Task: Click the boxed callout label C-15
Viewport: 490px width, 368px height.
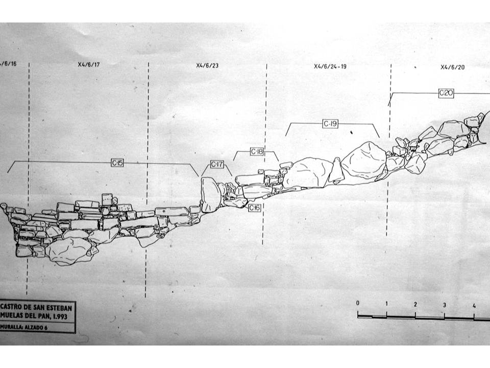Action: coord(117,163)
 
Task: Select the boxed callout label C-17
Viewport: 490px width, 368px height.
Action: coord(217,164)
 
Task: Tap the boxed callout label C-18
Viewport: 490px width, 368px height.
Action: coord(257,152)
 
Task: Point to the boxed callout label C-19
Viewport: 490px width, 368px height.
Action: coord(330,124)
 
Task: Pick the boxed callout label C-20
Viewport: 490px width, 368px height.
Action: coord(446,93)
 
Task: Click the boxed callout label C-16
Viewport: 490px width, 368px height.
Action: coord(255,208)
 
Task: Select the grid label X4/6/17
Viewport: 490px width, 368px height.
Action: coord(89,65)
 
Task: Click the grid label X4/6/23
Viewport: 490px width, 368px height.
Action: coord(207,65)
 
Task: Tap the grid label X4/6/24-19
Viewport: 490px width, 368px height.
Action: coord(330,66)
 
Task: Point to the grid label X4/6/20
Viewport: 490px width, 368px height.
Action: coord(453,67)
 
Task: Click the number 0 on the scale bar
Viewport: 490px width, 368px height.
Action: coord(357,303)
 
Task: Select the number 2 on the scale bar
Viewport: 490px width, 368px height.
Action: coord(415,305)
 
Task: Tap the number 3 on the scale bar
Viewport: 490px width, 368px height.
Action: coord(445,305)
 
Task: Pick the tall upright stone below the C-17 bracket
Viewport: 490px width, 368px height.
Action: coord(210,195)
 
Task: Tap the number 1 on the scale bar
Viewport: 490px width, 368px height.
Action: coord(386,304)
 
